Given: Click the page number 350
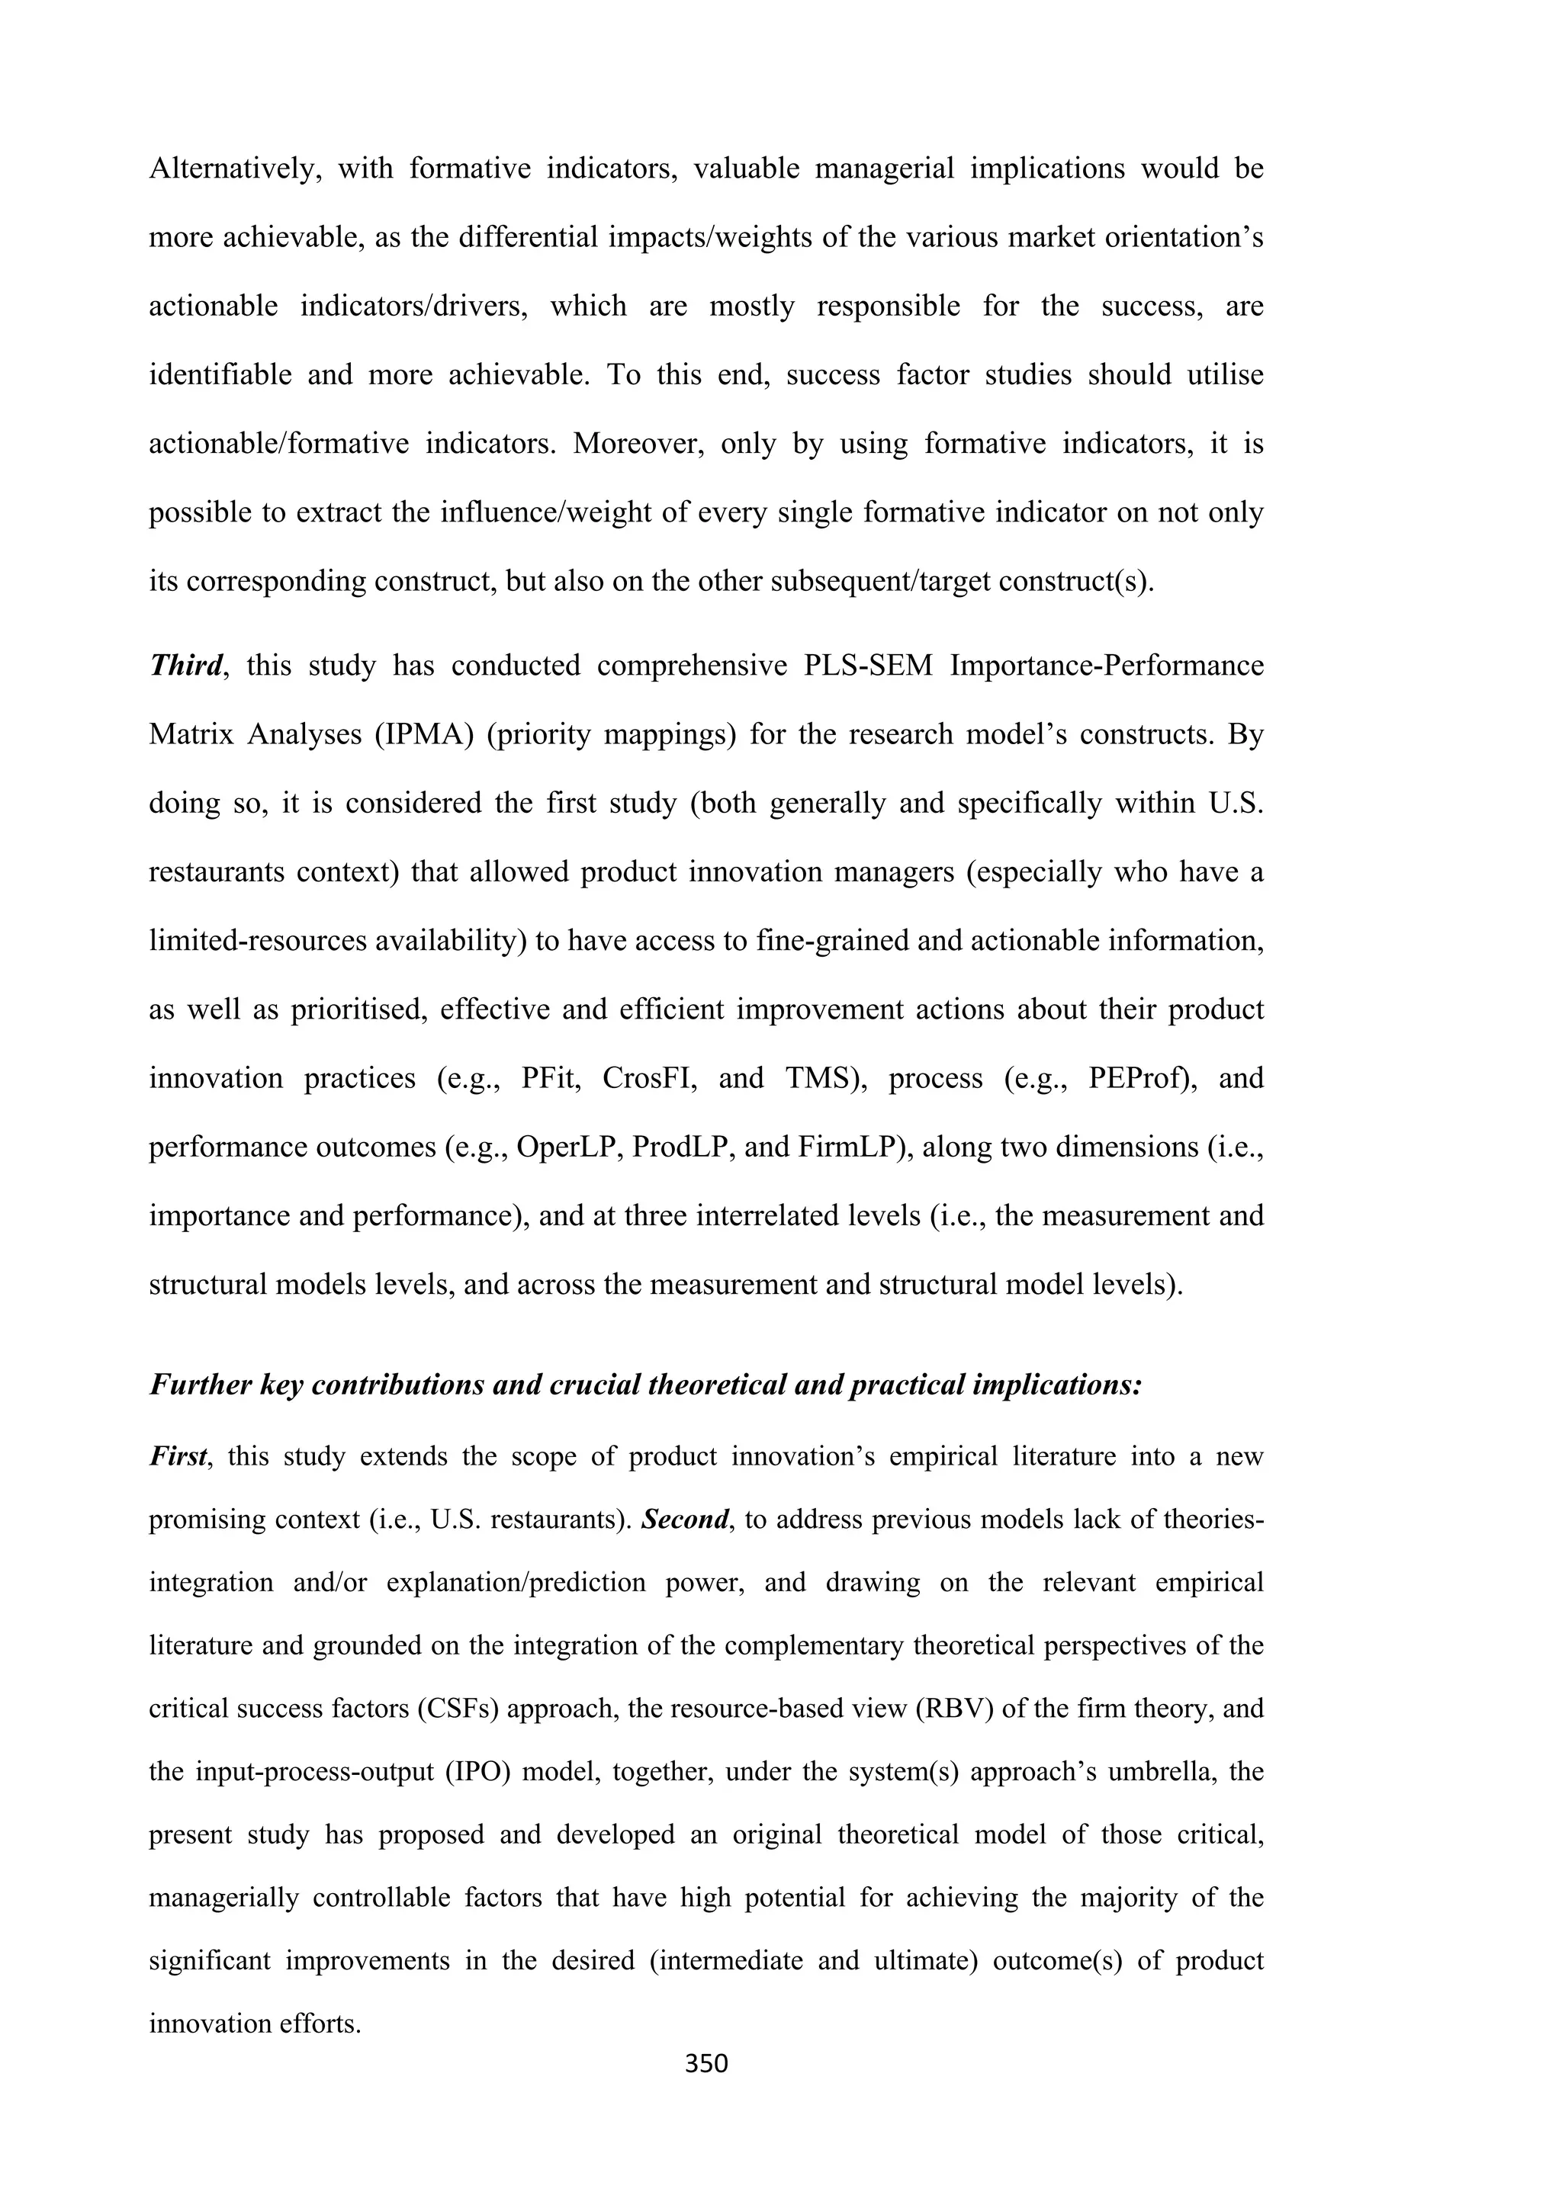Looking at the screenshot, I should (x=706, y=2064).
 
